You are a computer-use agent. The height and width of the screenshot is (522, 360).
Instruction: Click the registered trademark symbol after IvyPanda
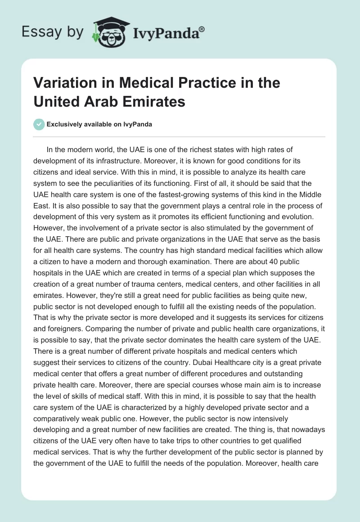(202, 29)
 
